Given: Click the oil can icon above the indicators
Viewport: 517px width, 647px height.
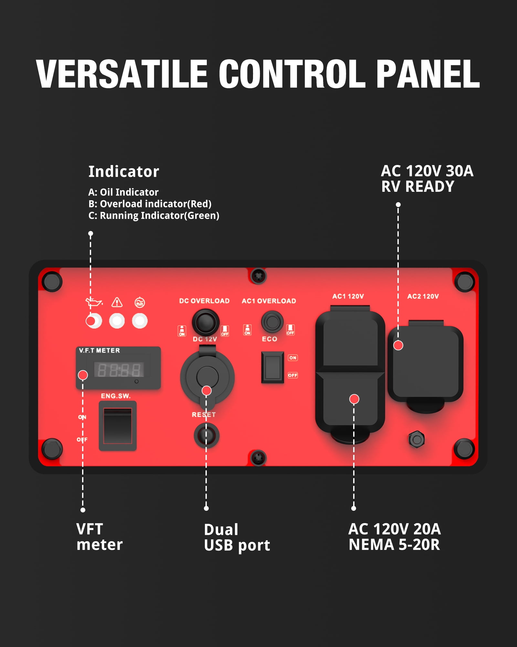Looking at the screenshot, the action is coord(94,302).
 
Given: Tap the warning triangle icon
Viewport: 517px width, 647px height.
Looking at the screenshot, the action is coord(117,302).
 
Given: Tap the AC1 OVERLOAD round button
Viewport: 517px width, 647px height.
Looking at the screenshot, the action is coord(272,322).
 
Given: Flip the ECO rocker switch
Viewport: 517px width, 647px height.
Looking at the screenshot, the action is coord(272,367).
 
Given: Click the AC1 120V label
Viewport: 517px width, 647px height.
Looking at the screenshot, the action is coord(348,296).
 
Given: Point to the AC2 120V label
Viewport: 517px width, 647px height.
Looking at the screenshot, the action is coord(423,296).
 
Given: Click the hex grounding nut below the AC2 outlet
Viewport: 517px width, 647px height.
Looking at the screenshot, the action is coord(417,439).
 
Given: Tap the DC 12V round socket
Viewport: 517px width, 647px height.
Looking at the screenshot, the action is coord(207,377).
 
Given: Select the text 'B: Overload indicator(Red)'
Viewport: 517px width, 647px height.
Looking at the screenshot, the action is coord(150,204).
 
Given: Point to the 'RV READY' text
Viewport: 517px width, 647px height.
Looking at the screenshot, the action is coord(418,187).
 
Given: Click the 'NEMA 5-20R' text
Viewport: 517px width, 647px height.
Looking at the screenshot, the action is coord(394,545).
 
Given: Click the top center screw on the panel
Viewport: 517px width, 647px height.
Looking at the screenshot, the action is coord(258,276).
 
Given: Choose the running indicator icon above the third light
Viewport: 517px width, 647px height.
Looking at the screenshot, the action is coord(140,302).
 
